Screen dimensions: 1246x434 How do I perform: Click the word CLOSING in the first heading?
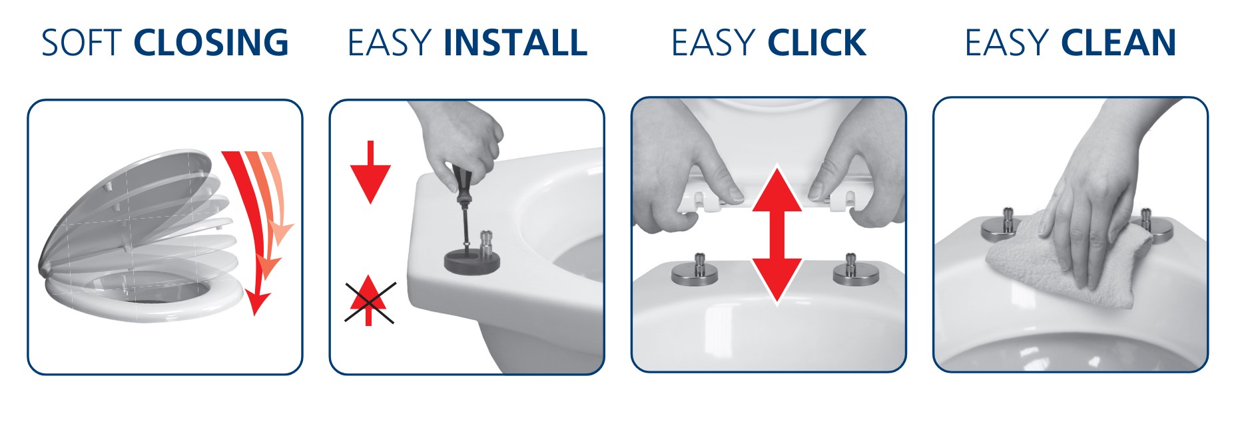211,43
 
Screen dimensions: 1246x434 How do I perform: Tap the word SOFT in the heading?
82,43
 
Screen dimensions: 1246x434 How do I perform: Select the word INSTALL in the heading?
515,43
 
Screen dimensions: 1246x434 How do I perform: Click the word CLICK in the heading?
817,43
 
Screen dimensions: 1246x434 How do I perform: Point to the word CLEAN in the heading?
1119,43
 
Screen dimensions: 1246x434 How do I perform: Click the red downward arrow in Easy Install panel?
370,172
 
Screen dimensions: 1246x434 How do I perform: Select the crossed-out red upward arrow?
369,301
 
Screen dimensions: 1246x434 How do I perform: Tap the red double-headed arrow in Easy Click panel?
777,235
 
